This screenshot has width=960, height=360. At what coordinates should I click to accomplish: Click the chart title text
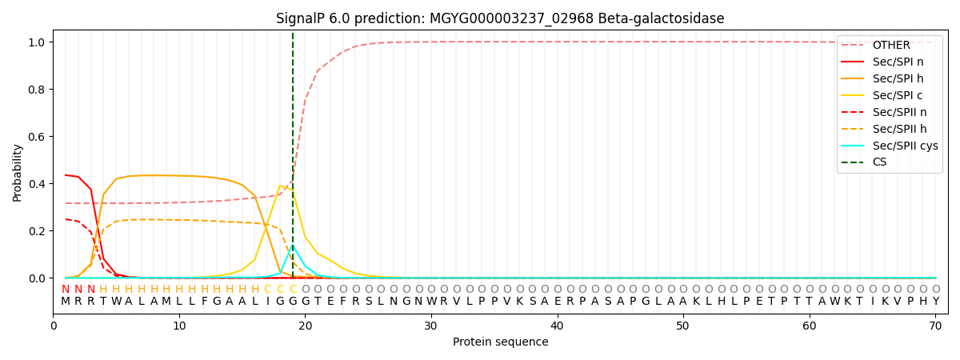(500, 18)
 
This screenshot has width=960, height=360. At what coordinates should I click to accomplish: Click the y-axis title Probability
(18, 172)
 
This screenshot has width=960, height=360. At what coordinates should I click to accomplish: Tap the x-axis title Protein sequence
(500, 342)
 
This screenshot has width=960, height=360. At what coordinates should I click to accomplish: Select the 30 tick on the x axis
(431, 326)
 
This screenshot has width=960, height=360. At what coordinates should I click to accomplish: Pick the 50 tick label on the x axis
(683, 326)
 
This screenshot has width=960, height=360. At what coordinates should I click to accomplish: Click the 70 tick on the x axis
(935, 326)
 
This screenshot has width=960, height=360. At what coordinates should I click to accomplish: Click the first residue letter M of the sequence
(66, 302)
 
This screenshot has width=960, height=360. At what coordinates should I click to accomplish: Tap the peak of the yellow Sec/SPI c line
(280, 186)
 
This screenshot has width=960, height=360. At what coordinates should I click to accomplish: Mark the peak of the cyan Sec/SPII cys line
(293, 246)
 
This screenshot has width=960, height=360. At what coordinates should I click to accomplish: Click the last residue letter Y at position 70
(935, 302)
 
